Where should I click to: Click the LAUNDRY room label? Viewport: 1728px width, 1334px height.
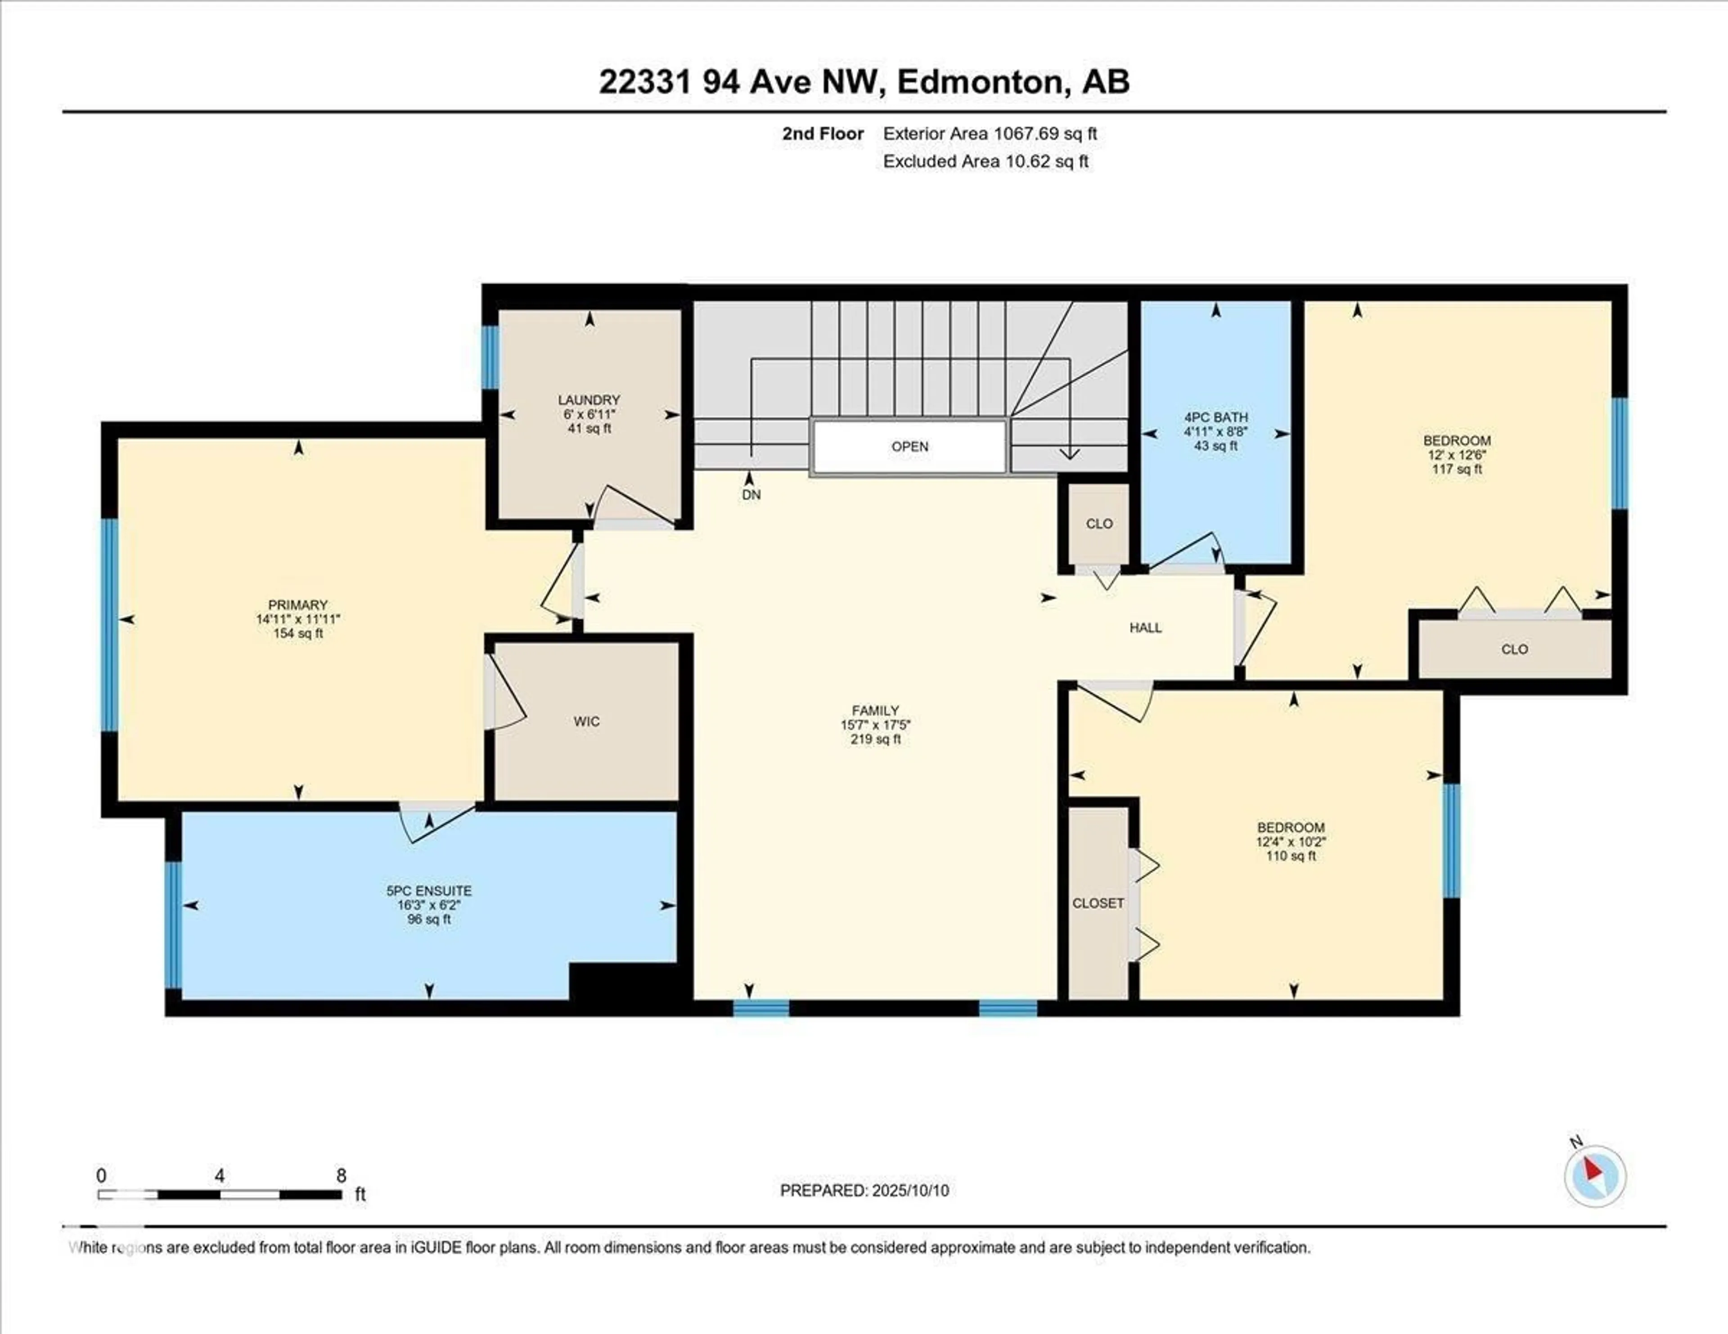[x=589, y=400]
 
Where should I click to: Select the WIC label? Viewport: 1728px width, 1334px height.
[x=586, y=721]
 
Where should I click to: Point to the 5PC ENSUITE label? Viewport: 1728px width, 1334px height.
[x=429, y=891]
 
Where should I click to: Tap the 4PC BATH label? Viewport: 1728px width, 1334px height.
[x=1216, y=417]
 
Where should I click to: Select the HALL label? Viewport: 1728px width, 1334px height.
[x=1146, y=628]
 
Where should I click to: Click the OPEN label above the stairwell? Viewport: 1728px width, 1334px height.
[x=910, y=447]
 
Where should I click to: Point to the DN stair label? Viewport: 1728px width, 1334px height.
[x=751, y=495]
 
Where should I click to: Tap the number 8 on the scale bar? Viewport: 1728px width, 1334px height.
[x=342, y=1176]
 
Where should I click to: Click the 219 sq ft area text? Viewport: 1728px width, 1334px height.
[x=875, y=739]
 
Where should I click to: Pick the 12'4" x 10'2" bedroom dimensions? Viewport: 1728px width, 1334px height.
[x=1291, y=842]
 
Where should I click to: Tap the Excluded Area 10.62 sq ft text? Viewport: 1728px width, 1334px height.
[x=986, y=161]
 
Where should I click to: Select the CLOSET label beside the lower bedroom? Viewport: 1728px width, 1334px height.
[x=1098, y=903]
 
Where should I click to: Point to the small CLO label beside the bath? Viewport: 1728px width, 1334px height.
[x=1099, y=524]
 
